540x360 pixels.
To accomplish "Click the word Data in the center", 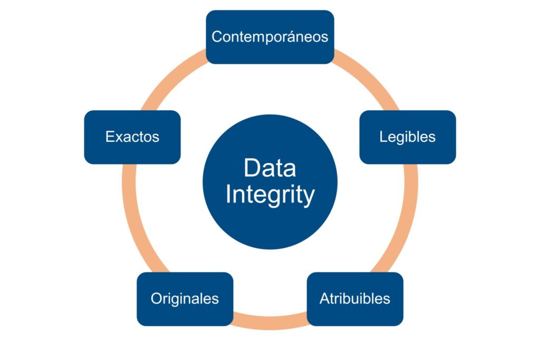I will click(x=269, y=168).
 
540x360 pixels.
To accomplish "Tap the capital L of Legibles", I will click(x=382, y=137).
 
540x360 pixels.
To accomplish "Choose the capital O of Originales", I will click(x=156, y=298).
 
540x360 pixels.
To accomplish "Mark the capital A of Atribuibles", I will click(x=324, y=298).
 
